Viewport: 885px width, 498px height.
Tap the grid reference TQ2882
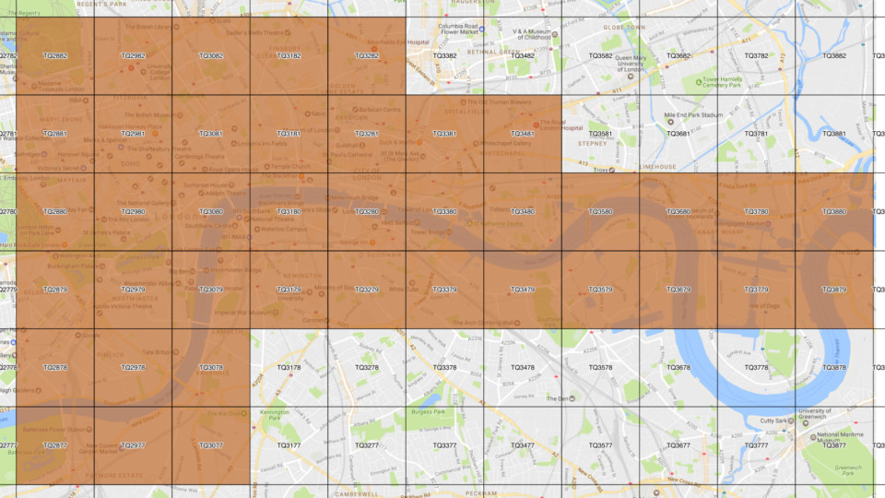tap(55, 56)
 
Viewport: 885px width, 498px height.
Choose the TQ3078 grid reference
tap(211, 368)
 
